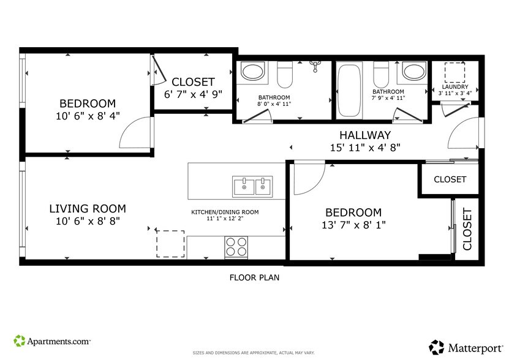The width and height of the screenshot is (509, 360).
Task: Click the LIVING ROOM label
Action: pos(87,209)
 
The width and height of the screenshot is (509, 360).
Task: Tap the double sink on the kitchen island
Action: pos(252,186)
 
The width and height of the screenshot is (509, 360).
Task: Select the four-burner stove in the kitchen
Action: pos(236,247)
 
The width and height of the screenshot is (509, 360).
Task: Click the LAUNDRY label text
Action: pos(455,87)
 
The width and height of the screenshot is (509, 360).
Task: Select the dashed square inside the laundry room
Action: pos(454,73)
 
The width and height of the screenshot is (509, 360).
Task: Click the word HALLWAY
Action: pos(365,135)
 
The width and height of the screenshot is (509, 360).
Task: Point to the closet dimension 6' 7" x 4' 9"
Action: pos(193,94)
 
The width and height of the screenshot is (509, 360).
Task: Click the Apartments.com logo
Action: pos(52,340)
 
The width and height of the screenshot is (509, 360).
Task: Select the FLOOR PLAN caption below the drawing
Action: pos(254,277)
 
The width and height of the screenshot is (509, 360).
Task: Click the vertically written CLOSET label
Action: pos(467,230)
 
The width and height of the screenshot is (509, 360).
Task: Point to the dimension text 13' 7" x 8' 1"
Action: pos(353,225)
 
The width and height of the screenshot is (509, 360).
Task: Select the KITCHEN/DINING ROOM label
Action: pos(225,212)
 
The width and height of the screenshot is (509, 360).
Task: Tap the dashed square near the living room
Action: pos(170,244)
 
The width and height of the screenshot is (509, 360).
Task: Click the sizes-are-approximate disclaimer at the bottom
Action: pos(254,353)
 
